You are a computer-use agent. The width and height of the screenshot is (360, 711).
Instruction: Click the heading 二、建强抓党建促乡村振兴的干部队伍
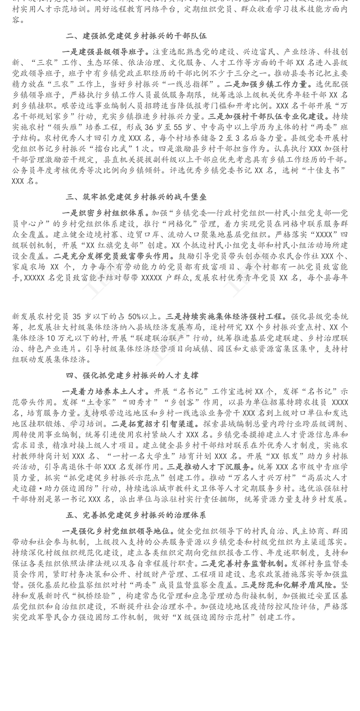(136, 36)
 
